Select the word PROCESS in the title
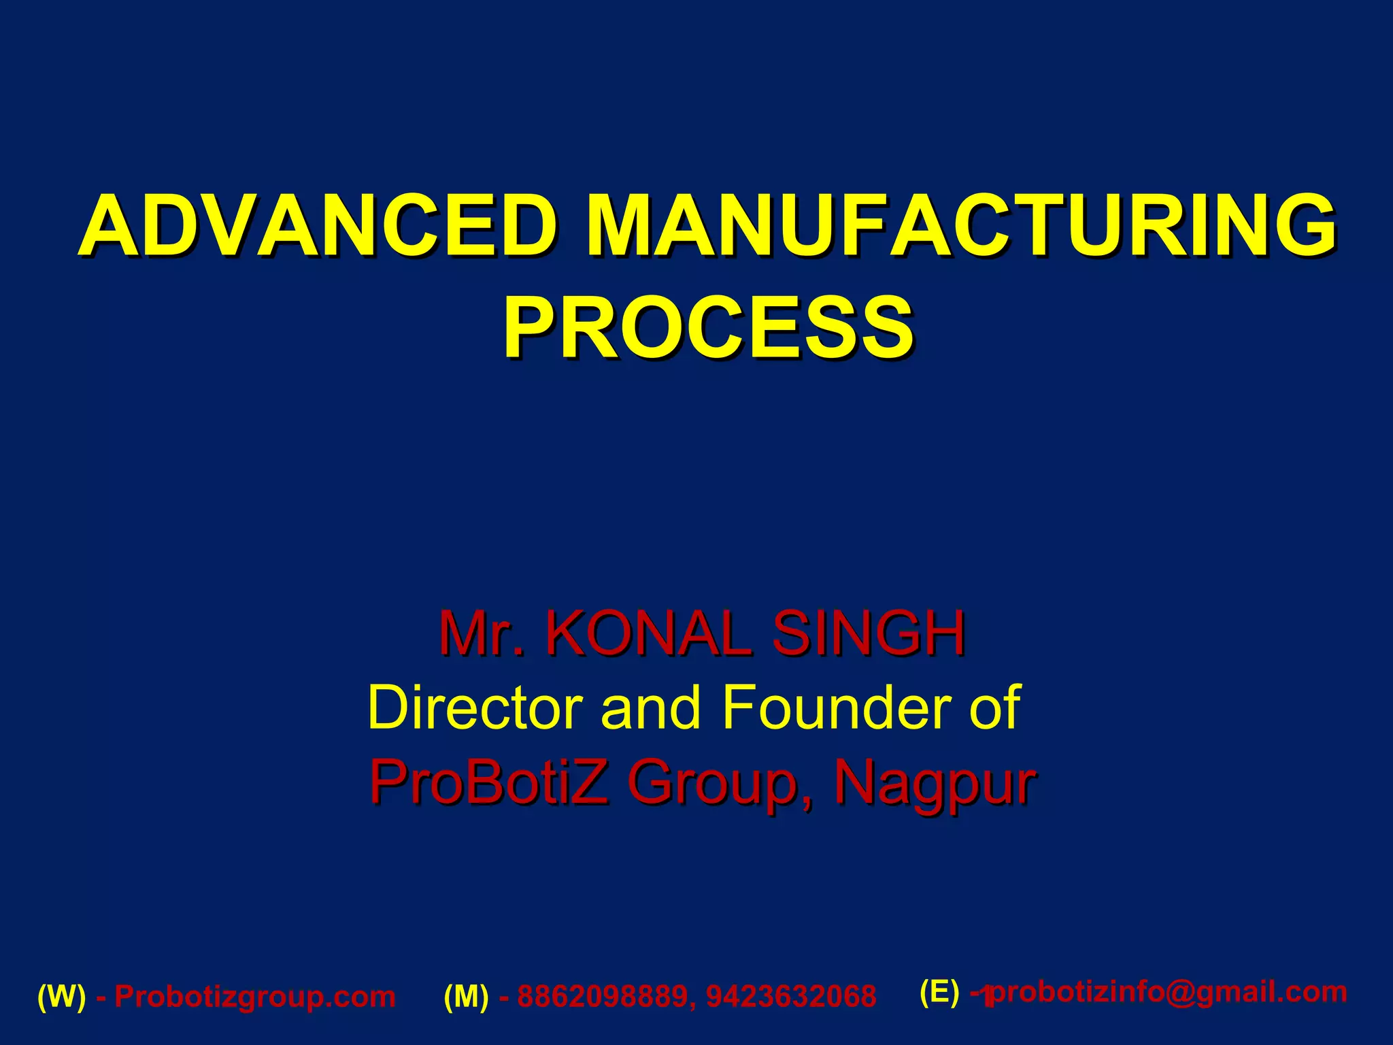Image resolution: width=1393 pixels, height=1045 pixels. tap(709, 328)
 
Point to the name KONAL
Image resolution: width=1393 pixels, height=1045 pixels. tap(649, 633)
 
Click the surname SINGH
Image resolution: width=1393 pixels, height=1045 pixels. tap(869, 633)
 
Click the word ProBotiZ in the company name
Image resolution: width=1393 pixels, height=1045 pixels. tap(488, 782)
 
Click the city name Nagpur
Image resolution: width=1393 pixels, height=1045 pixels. tap(935, 784)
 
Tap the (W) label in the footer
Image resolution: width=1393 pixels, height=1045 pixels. tap(62, 997)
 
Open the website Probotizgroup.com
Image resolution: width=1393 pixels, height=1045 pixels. tap(255, 997)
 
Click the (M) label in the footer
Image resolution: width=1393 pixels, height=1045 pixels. tap(467, 997)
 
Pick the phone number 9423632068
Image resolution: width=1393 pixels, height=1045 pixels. tap(792, 997)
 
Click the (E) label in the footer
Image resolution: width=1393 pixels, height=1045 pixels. tap(939, 992)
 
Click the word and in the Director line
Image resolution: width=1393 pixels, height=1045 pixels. tap(650, 708)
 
